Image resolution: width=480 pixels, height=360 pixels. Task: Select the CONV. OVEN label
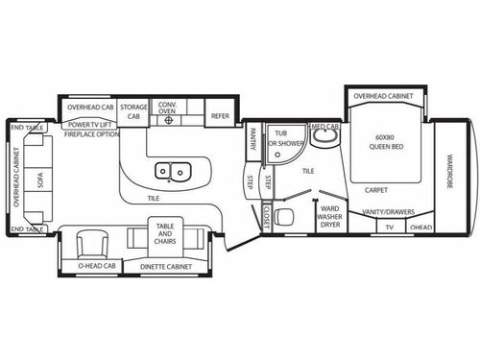click(x=168, y=110)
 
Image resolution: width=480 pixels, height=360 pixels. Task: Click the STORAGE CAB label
click(x=133, y=110)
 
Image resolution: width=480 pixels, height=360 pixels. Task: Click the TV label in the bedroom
click(x=389, y=228)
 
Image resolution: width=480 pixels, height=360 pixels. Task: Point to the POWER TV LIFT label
click(x=89, y=124)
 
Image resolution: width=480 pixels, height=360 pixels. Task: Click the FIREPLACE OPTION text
click(x=92, y=134)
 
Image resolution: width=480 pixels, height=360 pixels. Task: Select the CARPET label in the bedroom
click(x=376, y=189)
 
